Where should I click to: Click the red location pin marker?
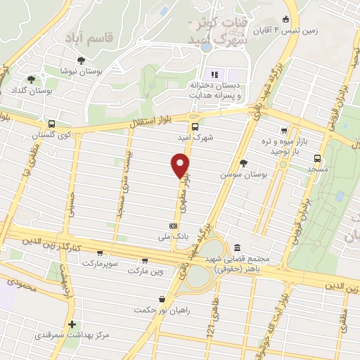[180, 165]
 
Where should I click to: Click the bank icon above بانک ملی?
[173, 226]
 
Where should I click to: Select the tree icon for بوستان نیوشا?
[82, 60]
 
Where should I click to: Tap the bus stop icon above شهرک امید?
[194, 118]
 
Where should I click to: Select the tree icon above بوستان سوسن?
[243, 162]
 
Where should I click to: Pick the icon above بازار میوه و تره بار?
[283, 130]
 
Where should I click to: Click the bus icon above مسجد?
[318, 158]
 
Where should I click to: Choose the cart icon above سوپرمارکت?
[100, 252]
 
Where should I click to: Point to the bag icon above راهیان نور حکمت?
[162, 299]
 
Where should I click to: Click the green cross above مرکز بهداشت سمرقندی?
[72, 324]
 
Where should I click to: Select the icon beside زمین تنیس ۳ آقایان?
[285, 20]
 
